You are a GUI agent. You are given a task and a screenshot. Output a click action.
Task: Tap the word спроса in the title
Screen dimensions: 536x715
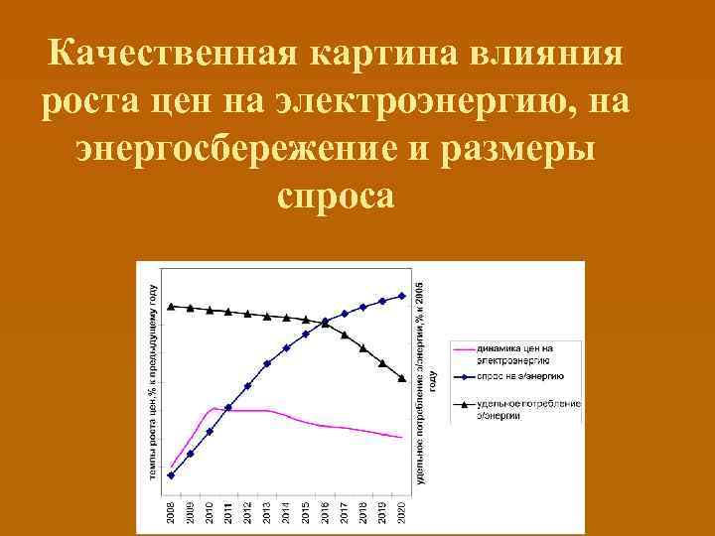(337, 195)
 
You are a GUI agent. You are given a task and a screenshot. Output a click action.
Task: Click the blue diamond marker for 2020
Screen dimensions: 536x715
(402, 295)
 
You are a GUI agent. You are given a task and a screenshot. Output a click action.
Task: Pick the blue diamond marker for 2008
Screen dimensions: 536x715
(171, 475)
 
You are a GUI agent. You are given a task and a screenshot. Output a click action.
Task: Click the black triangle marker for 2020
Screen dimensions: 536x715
(402, 377)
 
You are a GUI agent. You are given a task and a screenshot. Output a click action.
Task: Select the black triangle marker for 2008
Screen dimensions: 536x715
(171, 306)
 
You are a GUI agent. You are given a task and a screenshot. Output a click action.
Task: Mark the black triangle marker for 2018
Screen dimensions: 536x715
(363, 347)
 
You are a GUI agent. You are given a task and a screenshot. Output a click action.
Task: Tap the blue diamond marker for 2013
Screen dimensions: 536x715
(267, 363)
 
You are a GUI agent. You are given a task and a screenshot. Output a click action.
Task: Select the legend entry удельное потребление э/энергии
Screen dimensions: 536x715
(516, 410)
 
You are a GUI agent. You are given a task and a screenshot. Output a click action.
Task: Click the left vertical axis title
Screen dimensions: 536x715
(155, 382)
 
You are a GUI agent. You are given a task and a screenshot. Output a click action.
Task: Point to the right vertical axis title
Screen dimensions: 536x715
(423, 382)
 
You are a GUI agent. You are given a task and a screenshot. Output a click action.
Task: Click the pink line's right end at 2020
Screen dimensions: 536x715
(401, 437)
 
